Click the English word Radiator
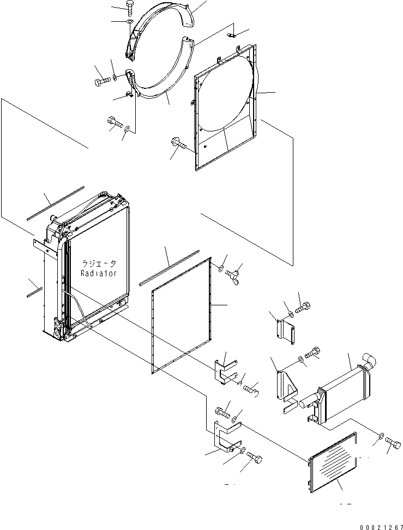coord(99,273)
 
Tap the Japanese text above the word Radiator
coord(99,263)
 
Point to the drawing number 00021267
coord(381,527)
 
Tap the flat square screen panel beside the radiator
coord(182,316)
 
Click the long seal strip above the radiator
coord(56,203)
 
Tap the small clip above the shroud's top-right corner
coord(232,34)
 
